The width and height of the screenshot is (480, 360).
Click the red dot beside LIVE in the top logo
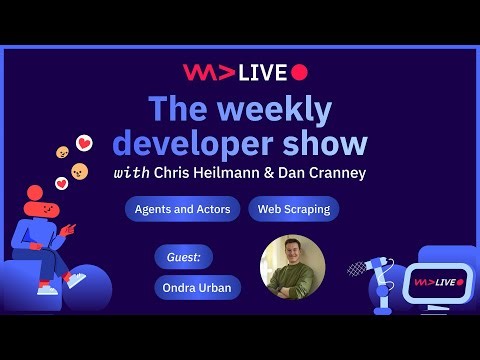299,72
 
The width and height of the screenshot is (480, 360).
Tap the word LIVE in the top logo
263,72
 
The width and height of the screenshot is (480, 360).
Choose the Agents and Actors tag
182,209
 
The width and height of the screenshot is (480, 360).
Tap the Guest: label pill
183,257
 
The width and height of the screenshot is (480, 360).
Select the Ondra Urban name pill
198,287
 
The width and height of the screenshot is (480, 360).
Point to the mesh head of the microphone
357,268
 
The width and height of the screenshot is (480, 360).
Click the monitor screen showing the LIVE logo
436,283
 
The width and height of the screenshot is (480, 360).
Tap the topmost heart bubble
84,143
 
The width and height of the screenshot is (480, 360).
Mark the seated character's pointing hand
68,229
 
